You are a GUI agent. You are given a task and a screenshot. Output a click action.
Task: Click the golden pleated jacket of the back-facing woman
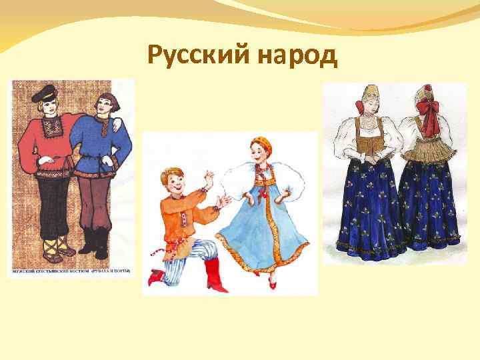pos(430,150)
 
